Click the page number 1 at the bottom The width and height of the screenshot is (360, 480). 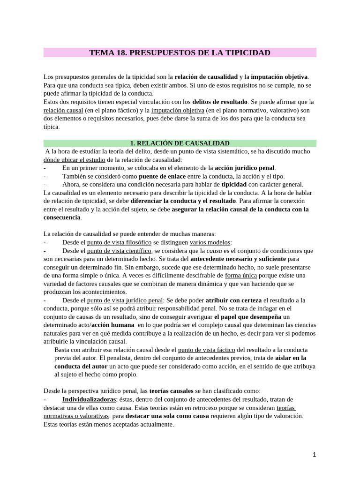pos(315,455)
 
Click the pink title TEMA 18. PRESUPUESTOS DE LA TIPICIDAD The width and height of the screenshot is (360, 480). pos(180,52)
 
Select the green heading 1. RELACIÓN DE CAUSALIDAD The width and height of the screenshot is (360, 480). pos(180,143)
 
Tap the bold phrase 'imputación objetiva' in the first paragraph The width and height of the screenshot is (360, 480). pos(279,77)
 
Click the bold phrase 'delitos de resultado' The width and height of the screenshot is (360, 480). pos(220,102)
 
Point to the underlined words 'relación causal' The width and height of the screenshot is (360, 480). pos(63,110)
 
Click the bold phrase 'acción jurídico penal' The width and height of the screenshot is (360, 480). pos(245,168)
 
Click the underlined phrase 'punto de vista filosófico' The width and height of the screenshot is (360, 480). pos(119,242)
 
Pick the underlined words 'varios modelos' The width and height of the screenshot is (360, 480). pos(210,242)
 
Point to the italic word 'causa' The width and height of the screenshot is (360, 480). pos(214,251)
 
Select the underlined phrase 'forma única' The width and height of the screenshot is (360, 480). pos(241,276)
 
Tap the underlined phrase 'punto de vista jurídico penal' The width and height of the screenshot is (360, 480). pos(125,300)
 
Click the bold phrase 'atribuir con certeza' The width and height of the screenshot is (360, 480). pos(233,300)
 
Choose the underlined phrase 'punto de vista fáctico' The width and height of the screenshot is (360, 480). pos(207,350)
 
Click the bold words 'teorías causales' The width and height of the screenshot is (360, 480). pos(171,391)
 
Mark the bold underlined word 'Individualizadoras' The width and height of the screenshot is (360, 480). pos(89,399)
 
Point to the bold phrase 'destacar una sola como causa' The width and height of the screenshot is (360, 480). pos(167,416)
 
